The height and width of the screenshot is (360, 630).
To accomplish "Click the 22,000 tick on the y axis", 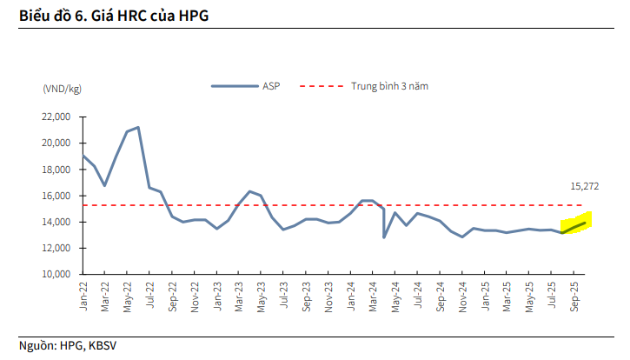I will pyautogui.click(x=56, y=117).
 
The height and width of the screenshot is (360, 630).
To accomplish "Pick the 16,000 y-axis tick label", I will pyautogui.click(x=56, y=196).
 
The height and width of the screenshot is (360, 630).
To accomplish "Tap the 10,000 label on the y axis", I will pyautogui.click(x=56, y=274).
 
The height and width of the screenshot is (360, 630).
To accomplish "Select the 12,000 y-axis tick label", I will pyautogui.click(x=56, y=248).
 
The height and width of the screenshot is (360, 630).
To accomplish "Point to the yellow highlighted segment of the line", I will pyautogui.click(x=576, y=226).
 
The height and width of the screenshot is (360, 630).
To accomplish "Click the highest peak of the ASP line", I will pyautogui.click(x=137, y=128).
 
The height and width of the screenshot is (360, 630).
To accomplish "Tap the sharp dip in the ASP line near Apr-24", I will pyautogui.click(x=384, y=237).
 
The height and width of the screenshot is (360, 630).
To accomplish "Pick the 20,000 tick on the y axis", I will pyautogui.click(x=56, y=143).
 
